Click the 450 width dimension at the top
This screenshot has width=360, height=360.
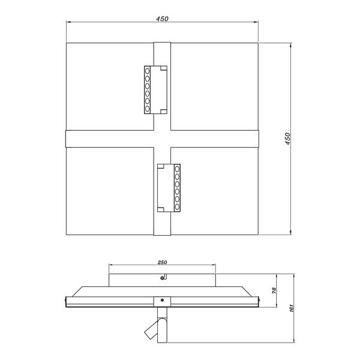coord(162,19)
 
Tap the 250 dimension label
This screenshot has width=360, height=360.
coord(162,262)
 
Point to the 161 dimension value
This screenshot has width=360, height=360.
coord(291,309)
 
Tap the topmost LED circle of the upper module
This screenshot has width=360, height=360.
coord(148,70)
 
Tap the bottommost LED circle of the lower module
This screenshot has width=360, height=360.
coord(177,207)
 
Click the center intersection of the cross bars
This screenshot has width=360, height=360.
coord(162,139)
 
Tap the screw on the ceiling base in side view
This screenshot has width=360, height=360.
coord(162,278)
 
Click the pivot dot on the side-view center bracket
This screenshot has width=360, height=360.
coord(162,301)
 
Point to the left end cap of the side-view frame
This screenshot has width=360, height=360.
coord(66,301)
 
